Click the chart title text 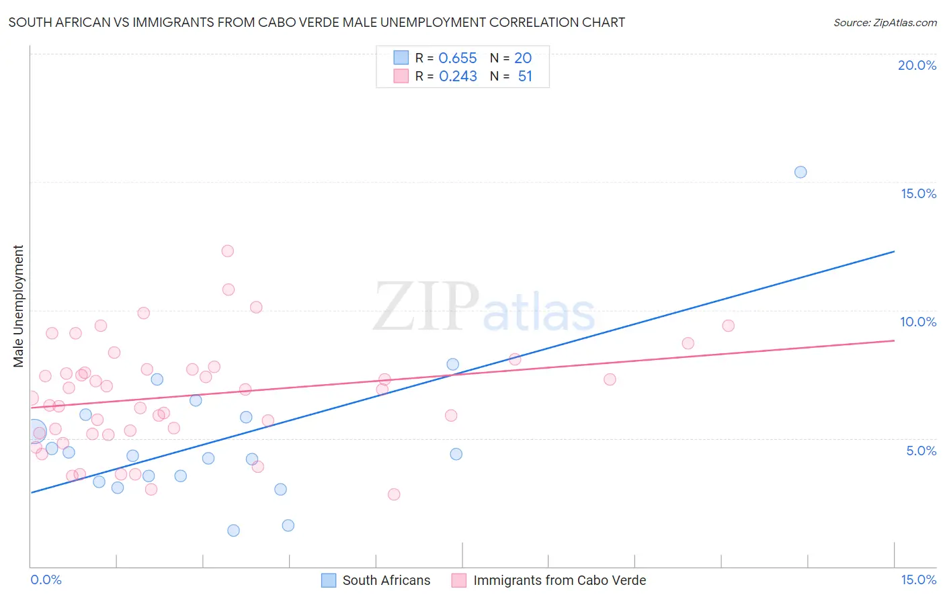(317, 22)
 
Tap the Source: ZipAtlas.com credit (885, 22)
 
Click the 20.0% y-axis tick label (917, 65)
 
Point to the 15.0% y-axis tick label (918, 193)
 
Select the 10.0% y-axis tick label (918, 322)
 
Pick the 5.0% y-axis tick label (921, 451)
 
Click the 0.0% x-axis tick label (46, 580)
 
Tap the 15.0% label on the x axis (918, 580)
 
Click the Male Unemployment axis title (19, 306)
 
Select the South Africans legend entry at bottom (376, 580)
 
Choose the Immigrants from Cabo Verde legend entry (549, 580)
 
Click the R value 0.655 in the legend (457, 58)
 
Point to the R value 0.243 (458, 77)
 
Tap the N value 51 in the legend (525, 77)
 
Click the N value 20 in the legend (523, 58)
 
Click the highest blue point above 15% (800, 172)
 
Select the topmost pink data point (227, 251)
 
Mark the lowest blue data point (233, 531)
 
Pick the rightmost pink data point (728, 326)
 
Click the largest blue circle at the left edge (36, 430)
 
